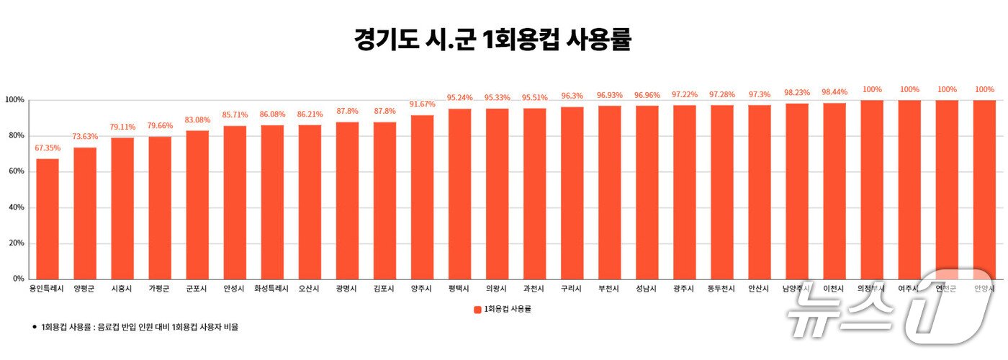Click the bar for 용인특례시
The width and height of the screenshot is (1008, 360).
48,219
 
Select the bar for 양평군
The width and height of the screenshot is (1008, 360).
85,213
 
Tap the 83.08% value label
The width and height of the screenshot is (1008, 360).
197,120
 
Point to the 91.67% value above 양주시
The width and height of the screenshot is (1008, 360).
422,104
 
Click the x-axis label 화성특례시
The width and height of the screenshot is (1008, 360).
272,289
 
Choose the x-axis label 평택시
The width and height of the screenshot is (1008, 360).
459,289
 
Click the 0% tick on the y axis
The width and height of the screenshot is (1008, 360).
17,279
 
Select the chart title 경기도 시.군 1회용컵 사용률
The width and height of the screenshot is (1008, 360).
492,40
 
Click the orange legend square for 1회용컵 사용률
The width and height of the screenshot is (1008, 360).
477,310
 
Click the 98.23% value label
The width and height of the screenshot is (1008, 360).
796,92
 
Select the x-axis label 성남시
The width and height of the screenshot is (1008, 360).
647,289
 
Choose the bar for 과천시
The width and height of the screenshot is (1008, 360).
534,194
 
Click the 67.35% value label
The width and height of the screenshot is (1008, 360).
48,148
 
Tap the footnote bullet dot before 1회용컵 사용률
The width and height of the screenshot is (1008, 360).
34,327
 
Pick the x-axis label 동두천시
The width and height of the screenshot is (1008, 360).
721,289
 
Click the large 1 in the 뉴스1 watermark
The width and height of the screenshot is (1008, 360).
947,306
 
